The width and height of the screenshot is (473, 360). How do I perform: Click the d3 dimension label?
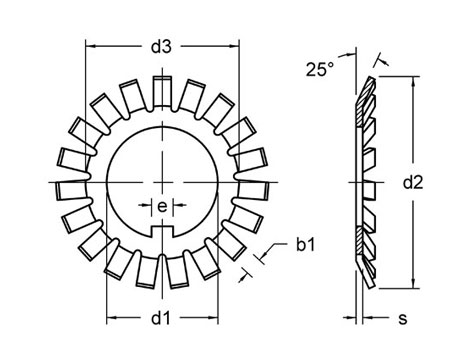click(x=161, y=47)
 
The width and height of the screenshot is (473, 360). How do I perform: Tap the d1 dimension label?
click(x=161, y=318)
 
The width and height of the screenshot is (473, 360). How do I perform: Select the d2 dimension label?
click(x=413, y=183)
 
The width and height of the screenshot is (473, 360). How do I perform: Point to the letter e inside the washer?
click(x=162, y=207)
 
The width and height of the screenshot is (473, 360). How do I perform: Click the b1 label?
click(x=306, y=245)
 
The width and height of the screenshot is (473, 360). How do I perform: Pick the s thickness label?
click(x=403, y=319)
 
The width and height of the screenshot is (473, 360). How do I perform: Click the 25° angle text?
click(x=320, y=70)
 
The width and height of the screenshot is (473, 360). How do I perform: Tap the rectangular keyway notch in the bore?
click(x=162, y=230)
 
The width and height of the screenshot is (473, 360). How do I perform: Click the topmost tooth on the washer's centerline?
click(x=162, y=91)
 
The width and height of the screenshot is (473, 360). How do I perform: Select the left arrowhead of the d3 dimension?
click(x=90, y=47)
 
